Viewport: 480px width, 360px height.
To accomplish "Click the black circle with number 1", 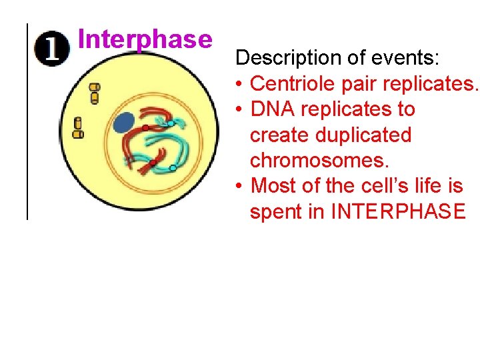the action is pos(53,51).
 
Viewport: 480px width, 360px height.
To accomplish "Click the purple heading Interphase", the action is pos(144,39).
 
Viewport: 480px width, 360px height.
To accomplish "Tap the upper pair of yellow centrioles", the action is pos(94,93).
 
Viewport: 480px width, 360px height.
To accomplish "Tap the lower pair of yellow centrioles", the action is pos(78,128).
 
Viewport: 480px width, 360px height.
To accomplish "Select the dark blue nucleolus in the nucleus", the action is pos(123,123).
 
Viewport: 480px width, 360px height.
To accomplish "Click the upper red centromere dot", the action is pos(145,127).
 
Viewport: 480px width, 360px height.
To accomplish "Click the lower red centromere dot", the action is pos(153,163).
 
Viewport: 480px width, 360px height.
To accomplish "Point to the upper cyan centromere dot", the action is pos(170,124).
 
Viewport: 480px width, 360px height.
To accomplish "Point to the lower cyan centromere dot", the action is pos(173,168).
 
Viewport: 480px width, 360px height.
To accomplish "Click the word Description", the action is pos(282,58).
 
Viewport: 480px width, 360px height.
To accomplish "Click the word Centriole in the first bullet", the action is pos(291,83).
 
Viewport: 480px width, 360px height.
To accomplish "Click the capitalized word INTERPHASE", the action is pos(399,211).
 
